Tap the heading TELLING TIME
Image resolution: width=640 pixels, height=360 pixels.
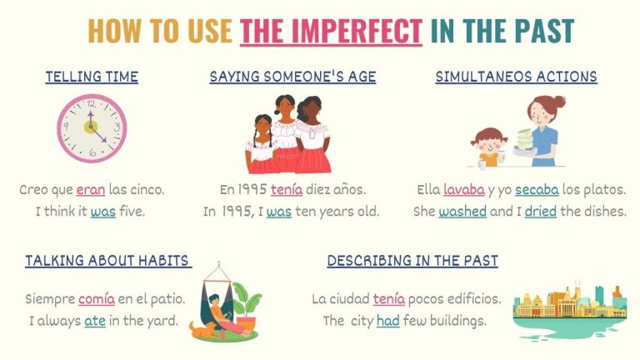click(92, 77)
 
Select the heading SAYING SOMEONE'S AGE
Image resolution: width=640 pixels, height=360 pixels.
click(292, 77)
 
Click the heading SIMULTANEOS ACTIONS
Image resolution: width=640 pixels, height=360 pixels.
click(516, 77)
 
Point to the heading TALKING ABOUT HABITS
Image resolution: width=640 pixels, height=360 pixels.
click(107, 261)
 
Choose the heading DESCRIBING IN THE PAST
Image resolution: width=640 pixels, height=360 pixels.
click(412, 261)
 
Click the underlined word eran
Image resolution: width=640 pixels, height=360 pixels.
click(91, 190)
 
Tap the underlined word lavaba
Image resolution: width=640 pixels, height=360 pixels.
click(463, 190)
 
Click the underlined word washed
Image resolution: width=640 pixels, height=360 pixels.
click(462, 212)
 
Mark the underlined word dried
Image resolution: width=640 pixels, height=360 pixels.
click(541, 212)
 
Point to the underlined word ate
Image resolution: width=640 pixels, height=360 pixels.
click(94, 320)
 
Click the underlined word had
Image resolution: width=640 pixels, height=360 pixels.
click(388, 320)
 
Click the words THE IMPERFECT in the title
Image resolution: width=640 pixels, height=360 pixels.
click(331, 31)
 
